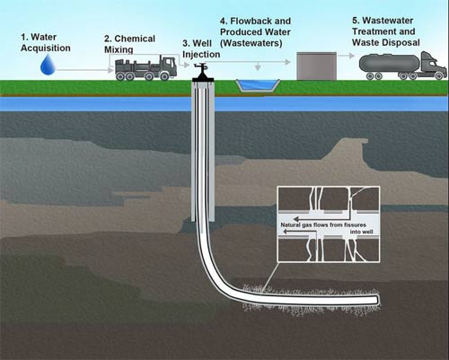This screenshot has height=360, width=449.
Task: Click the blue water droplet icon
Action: tap(48, 64)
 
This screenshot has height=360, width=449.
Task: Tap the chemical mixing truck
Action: tap(145, 67)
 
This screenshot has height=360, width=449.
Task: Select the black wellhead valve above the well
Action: tap(203, 72)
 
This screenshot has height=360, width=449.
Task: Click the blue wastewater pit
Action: tap(257, 85)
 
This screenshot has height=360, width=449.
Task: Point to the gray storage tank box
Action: tap(317, 66)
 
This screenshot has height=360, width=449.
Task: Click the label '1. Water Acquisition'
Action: tap(46, 41)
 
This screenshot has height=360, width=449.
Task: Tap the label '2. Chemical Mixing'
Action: tap(129, 44)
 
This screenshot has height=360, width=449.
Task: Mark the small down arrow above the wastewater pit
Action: tap(257, 66)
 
